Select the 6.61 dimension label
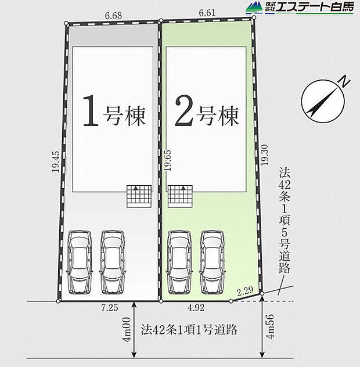(208, 12)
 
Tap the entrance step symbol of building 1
(139, 196)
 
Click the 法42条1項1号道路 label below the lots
(189, 330)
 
